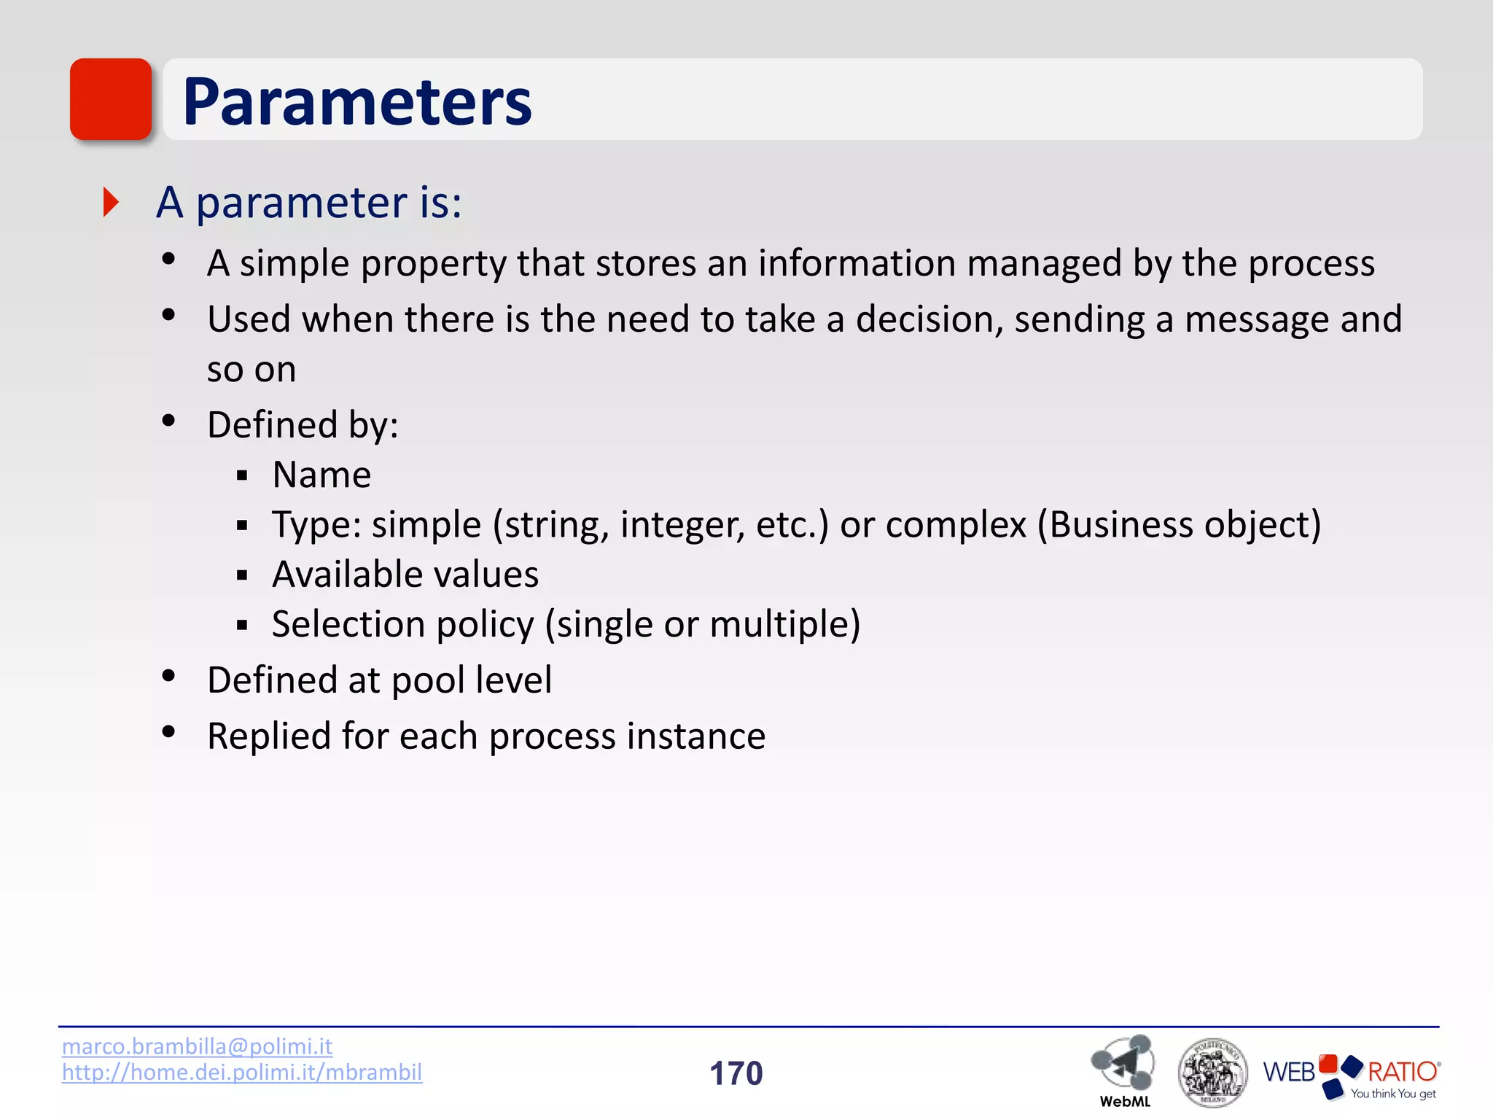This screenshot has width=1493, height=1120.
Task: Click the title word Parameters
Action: [x=356, y=102]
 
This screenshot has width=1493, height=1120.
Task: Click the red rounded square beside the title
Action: [x=111, y=99]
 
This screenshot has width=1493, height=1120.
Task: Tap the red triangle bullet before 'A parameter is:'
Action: [x=111, y=202]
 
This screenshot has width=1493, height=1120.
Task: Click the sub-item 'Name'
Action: [x=321, y=475]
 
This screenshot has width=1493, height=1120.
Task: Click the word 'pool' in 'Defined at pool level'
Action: [x=428, y=680]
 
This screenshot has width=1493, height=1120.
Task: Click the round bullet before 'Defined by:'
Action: [x=169, y=421]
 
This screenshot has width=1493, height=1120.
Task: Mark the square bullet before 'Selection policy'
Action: [x=243, y=625]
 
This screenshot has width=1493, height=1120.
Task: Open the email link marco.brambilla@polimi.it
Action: [x=197, y=1046]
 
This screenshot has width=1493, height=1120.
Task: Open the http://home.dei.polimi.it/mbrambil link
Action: [x=241, y=1072]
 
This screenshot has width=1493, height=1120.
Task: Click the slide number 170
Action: [x=736, y=1073]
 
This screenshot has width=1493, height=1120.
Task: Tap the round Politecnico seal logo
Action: [x=1212, y=1072]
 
